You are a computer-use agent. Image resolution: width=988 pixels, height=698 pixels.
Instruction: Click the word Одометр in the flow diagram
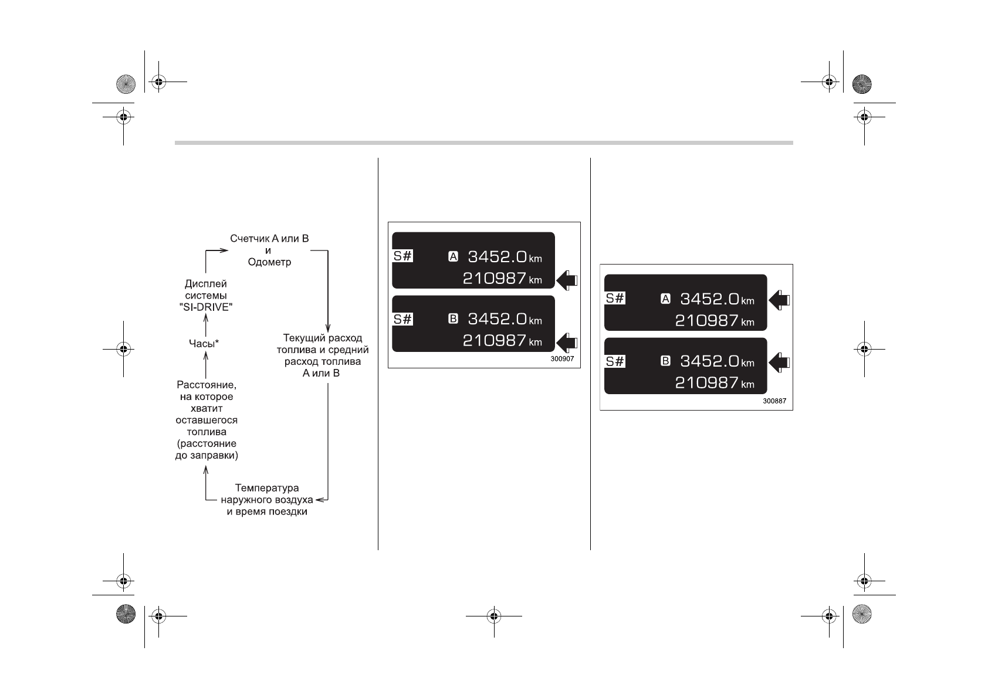pyautogui.click(x=269, y=262)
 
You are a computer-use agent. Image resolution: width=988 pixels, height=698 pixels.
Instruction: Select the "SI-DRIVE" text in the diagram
pyautogui.click(x=205, y=306)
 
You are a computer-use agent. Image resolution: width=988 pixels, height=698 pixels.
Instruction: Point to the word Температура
pyautogui.click(x=267, y=488)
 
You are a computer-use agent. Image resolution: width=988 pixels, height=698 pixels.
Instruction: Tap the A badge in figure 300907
pyautogui.click(x=453, y=256)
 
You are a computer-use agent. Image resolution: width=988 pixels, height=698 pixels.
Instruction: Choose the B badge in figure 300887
pyautogui.click(x=665, y=361)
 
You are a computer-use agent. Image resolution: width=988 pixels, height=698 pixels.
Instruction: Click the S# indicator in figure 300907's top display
pyautogui.click(x=403, y=256)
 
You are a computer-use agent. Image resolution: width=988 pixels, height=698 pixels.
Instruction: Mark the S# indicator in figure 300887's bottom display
pyautogui.click(x=615, y=361)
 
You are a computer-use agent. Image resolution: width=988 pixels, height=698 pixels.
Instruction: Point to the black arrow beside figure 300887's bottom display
pyautogui.click(x=779, y=362)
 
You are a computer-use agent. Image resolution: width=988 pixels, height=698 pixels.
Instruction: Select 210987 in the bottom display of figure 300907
pyautogui.click(x=494, y=341)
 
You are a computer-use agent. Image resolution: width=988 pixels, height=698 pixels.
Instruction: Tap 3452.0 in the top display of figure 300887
pyautogui.click(x=709, y=299)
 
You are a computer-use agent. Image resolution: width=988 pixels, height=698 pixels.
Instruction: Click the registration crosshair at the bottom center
pyautogui.click(x=493, y=616)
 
